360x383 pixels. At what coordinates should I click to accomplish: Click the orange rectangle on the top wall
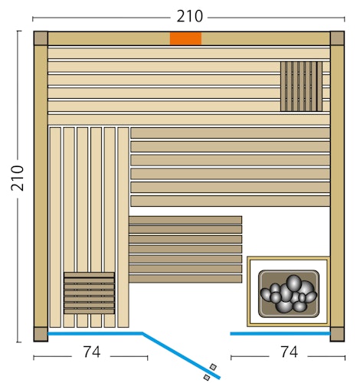(x=185, y=38)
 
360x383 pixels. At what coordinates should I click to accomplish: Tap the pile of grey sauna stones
(x=288, y=293)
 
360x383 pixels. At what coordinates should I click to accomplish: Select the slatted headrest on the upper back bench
(x=301, y=87)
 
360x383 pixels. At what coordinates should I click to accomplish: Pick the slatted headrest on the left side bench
(x=89, y=293)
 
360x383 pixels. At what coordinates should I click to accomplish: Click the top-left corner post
(x=41, y=38)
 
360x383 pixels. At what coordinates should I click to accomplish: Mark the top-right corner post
(x=337, y=38)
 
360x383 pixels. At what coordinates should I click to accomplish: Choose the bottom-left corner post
(x=41, y=335)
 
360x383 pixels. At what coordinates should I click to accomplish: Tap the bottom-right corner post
(x=337, y=335)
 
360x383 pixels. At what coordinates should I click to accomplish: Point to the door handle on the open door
(x=209, y=372)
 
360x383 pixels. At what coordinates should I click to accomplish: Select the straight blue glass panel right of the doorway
(x=280, y=334)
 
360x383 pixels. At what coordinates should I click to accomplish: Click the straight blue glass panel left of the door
(x=95, y=334)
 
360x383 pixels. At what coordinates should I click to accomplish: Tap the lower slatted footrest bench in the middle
(x=185, y=248)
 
